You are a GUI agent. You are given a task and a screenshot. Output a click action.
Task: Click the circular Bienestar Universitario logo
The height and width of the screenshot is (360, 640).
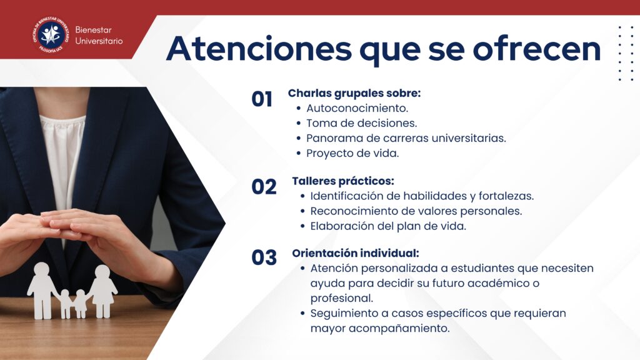(x=51, y=35)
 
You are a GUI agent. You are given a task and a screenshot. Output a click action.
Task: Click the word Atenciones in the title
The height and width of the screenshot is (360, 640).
(x=259, y=49)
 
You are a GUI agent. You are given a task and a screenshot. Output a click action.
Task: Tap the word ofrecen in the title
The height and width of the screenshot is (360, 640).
(x=536, y=48)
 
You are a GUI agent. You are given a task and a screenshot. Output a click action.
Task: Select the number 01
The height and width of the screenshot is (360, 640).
(x=262, y=99)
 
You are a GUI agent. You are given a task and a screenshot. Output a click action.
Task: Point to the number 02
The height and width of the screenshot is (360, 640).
(x=264, y=187)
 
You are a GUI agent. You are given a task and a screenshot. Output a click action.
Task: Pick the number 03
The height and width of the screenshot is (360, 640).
(x=264, y=257)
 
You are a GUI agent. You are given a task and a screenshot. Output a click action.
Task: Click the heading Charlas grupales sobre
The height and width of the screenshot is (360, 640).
(x=354, y=94)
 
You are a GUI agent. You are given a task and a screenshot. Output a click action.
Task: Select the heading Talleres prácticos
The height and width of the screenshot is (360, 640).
(x=343, y=181)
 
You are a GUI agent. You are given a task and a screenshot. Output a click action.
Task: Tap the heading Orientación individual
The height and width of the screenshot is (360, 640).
(x=356, y=253)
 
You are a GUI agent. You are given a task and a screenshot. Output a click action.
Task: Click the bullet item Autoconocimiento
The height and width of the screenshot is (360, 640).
(x=357, y=108)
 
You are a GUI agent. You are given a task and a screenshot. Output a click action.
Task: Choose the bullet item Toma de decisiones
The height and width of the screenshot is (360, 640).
(x=362, y=123)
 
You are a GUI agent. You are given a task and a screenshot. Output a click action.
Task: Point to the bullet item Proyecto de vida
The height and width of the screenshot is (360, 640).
(x=352, y=154)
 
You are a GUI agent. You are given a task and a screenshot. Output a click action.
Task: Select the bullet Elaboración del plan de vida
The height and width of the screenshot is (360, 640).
(x=388, y=226)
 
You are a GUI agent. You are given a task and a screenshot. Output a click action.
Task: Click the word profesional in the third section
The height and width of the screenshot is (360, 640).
(x=342, y=298)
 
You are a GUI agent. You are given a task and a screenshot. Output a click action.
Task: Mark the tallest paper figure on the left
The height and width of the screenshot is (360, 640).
(x=42, y=291)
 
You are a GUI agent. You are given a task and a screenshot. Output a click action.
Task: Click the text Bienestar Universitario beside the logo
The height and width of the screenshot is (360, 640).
(x=99, y=36)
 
